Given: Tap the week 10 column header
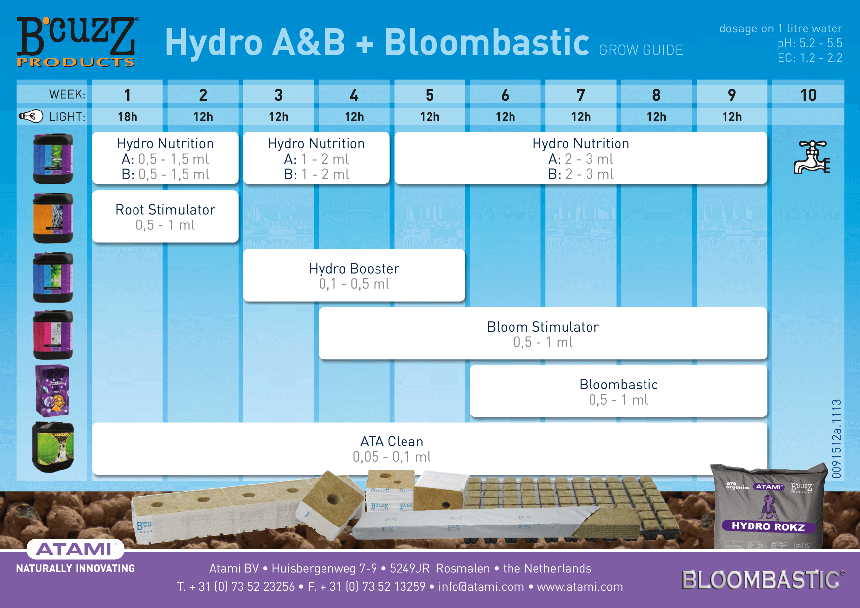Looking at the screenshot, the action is (808, 95).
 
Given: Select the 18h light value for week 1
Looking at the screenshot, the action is (128, 117).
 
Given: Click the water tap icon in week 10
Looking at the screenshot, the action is (812, 157).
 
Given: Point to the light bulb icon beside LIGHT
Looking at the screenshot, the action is (31, 116).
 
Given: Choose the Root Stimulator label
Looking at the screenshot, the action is (165, 210).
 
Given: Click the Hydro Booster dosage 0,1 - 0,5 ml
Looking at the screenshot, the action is (354, 284).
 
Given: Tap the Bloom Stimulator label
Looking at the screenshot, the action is (543, 327).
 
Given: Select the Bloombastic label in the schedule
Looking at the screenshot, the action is (618, 384).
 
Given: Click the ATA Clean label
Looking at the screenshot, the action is (392, 442).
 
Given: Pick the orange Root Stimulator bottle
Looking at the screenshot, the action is (53, 218).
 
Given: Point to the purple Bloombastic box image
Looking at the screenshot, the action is (53, 391).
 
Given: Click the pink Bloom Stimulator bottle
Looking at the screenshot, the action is (53, 335).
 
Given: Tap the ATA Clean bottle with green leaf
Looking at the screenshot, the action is (53, 447).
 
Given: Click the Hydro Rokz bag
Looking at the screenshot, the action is (769, 506).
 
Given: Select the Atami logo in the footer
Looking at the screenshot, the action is (75, 549).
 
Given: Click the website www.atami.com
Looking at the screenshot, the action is (580, 587).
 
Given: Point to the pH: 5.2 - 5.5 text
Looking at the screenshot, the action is (810, 43).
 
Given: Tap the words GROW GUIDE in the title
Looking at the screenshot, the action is (641, 50).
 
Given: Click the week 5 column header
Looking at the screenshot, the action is (430, 95).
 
